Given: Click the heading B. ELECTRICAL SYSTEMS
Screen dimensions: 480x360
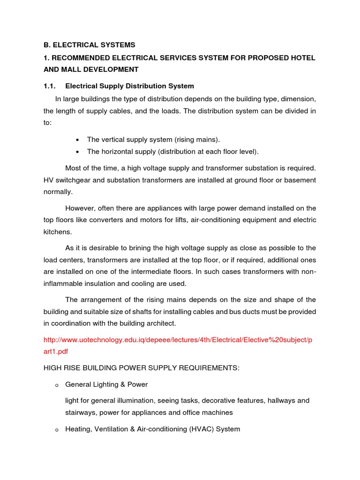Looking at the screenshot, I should [x=89, y=45].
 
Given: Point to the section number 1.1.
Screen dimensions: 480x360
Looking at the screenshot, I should [x=50, y=86].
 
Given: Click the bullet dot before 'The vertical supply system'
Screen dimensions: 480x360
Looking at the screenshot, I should [x=77, y=140].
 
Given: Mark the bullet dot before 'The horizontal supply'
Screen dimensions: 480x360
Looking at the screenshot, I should [x=77, y=152].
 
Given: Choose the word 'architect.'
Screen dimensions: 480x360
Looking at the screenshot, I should [x=162, y=323].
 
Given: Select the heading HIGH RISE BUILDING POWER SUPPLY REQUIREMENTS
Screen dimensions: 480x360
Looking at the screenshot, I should [x=141, y=368].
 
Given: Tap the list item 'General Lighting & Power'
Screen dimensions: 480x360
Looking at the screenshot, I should [x=106, y=384].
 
